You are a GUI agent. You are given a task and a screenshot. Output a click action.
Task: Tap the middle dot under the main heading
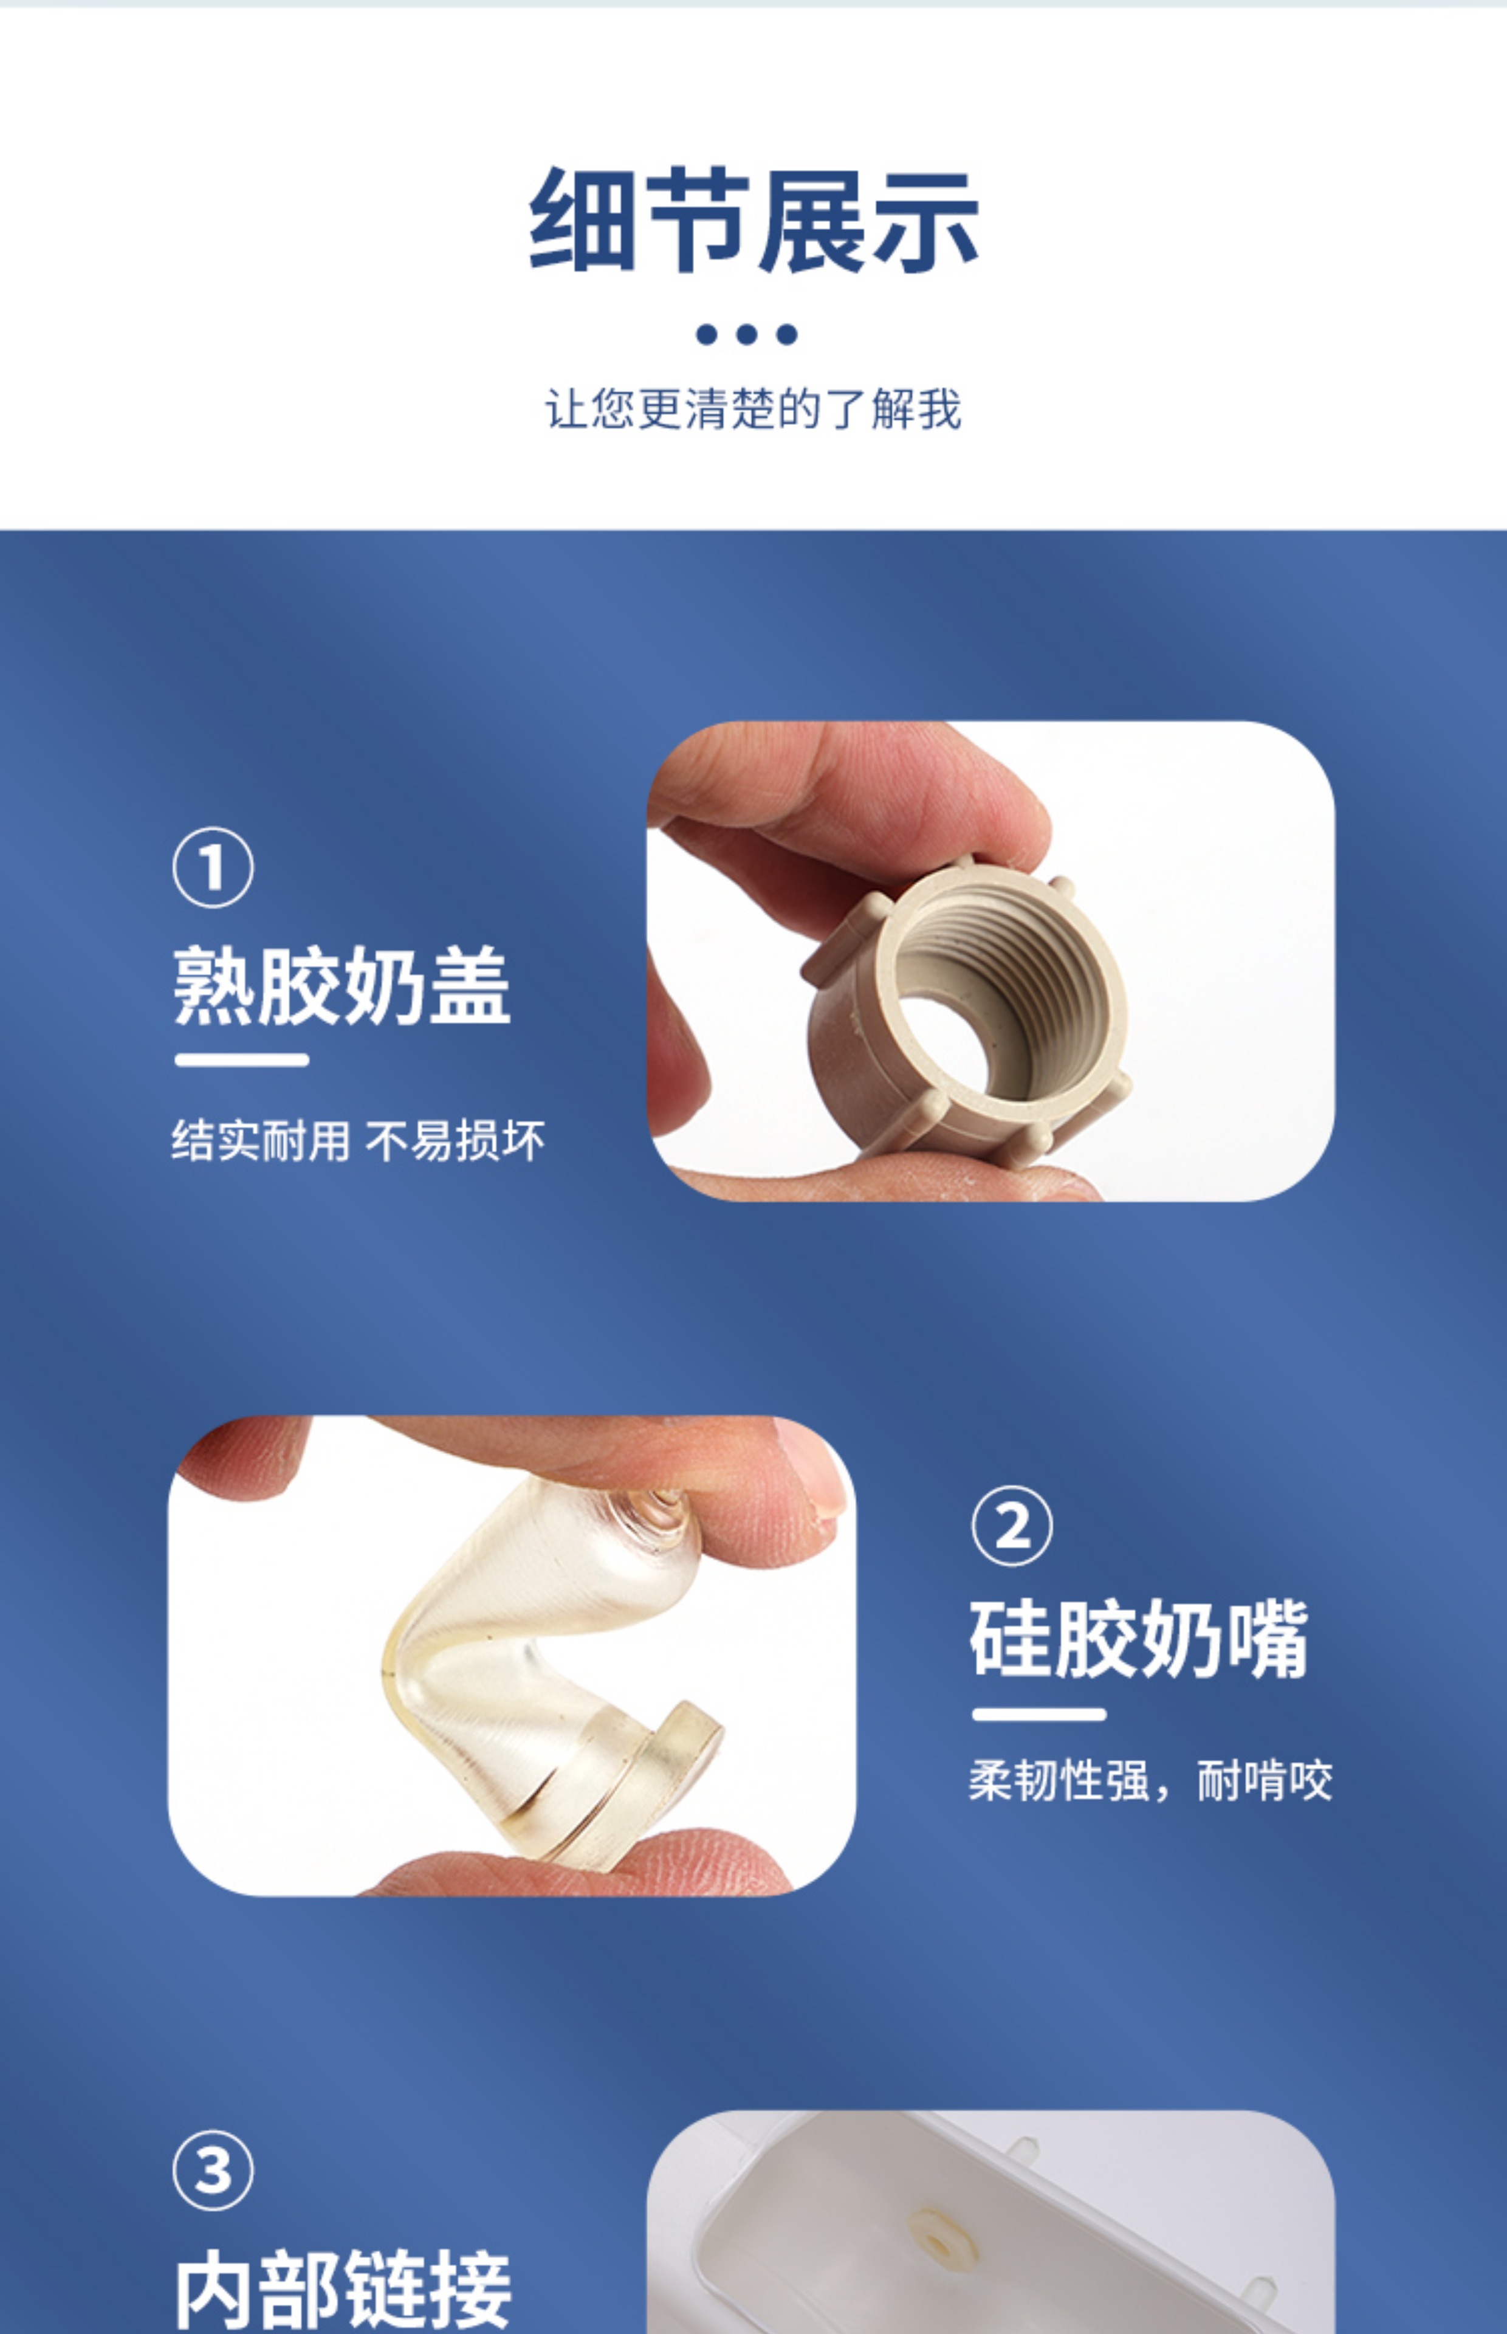[x=747, y=335]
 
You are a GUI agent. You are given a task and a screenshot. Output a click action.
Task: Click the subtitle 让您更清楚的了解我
[x=753, y=408]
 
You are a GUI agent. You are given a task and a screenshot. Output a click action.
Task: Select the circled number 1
[x=212, y=868]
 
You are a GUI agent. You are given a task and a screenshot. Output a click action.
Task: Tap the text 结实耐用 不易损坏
[x=358, y=1141]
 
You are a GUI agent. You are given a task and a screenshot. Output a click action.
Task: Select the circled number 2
[x=1012, y=1526]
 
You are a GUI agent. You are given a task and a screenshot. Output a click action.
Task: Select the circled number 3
[x=212, y=2170]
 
